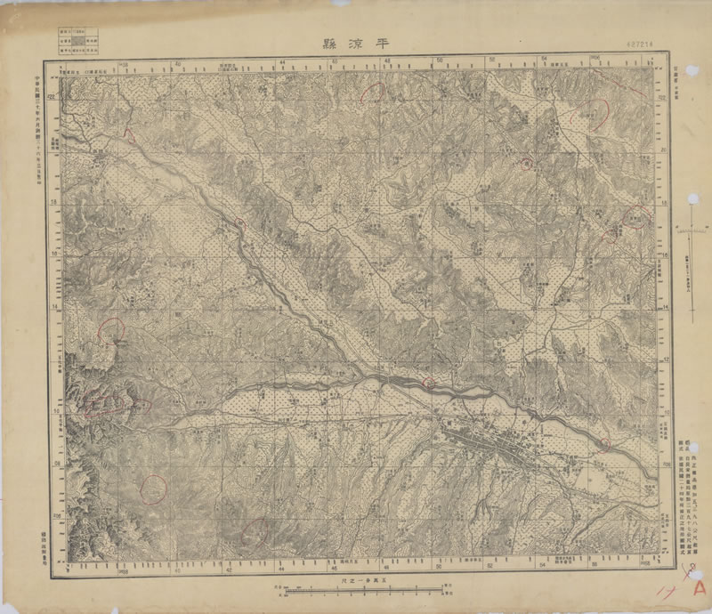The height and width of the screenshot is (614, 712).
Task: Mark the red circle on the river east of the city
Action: point(605,442)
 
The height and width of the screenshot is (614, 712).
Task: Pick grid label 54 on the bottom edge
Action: point(543,566)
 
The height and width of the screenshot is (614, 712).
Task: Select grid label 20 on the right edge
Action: point(667,151)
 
